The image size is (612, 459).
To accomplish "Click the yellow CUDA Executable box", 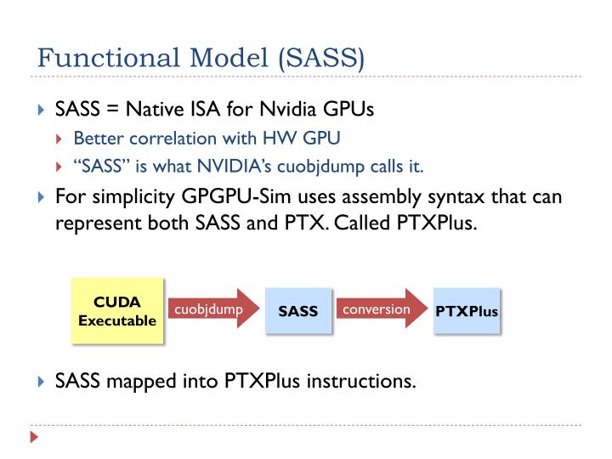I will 117,312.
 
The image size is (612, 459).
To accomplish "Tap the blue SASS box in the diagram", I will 297,311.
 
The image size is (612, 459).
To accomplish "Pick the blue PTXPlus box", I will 466,311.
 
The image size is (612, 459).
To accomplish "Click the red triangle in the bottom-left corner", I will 34,439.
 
